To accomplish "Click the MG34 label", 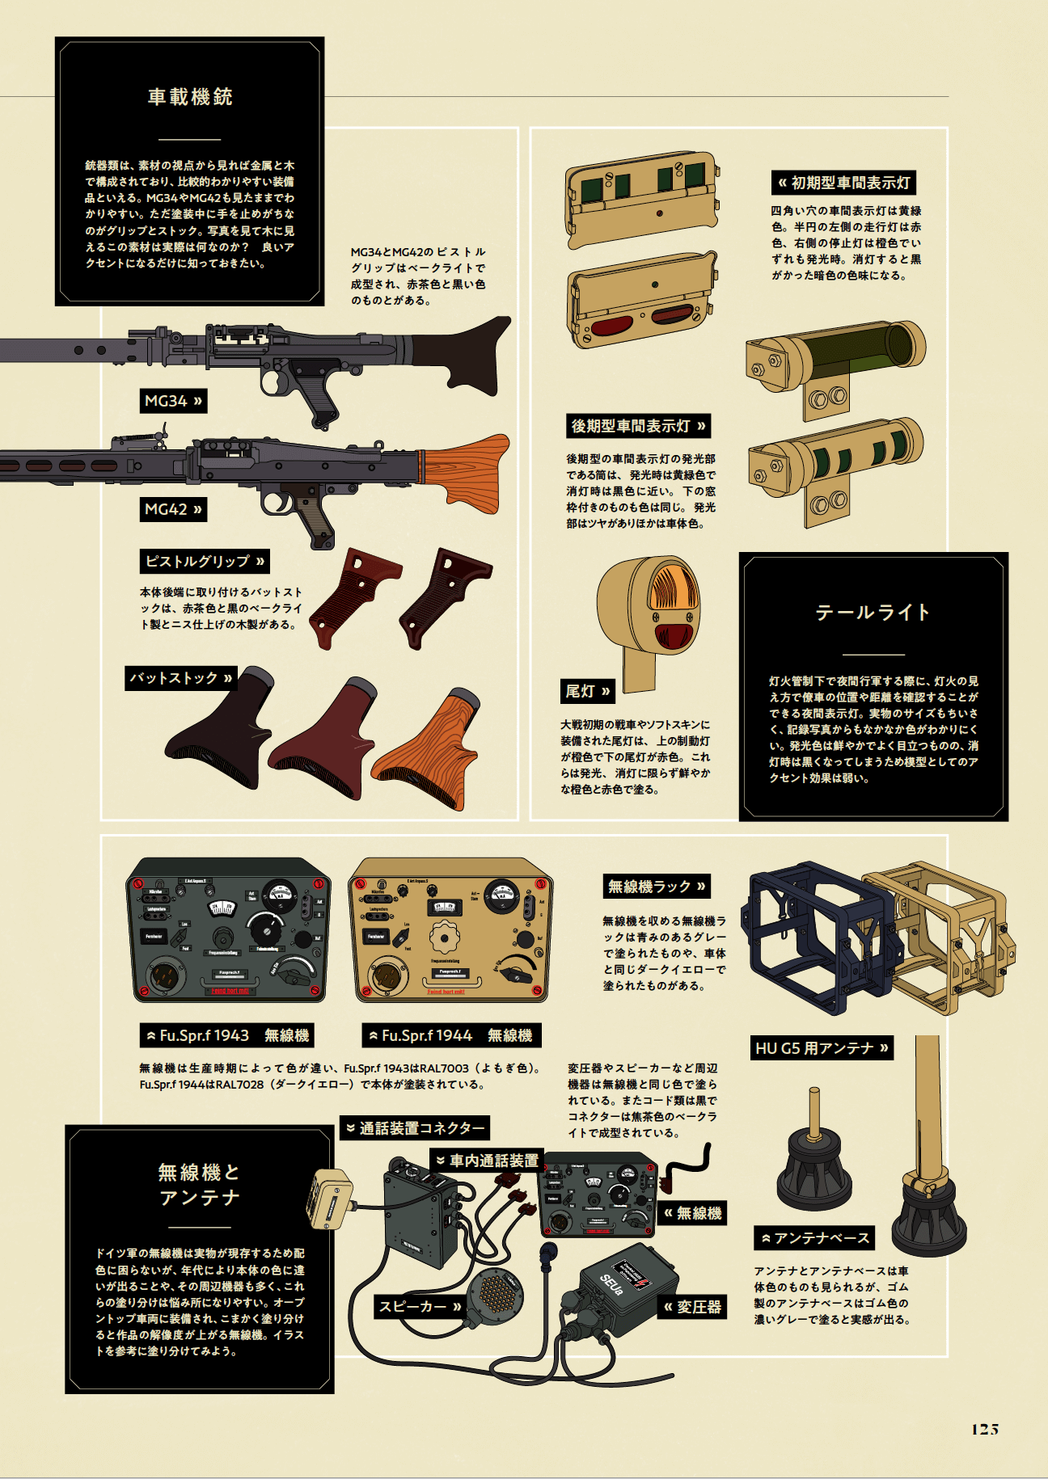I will pyautogui.click(x=172, y=401).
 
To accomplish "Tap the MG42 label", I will pyautogui.click(x=172, y=509).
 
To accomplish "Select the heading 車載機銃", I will pyautogui.click(x=190, y=97).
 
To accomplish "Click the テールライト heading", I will pyautogui.click(x=873, y=613).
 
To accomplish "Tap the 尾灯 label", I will pyautogui.click(x=587, y=691).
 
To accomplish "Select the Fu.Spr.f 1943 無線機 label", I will pyautogui.click(x=226, y=1035).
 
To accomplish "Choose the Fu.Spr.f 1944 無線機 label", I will pyautogui.click(x=450, y=1035).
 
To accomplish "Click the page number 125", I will pyautogui.click(x=984, y=1430).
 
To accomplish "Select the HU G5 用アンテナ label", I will pyautogui.click(x=822, y=1048).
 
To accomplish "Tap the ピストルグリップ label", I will pyautogui.click(x=205, y=561).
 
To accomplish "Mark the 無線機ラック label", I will pyautogui.click(x=657, y=887).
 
